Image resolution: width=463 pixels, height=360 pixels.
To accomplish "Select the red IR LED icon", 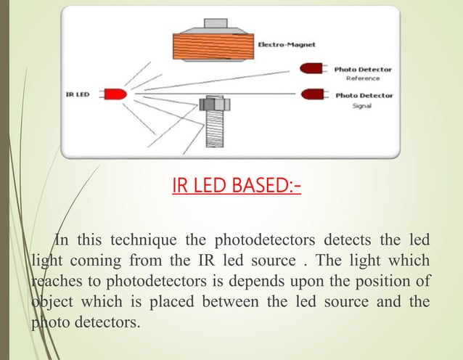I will coord(115,94).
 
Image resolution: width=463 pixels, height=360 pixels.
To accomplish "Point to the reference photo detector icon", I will coord(313,70).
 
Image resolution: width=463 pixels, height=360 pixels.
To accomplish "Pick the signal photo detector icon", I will coord(313,95).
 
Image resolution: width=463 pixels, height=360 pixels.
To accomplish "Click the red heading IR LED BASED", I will coord(237,189).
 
